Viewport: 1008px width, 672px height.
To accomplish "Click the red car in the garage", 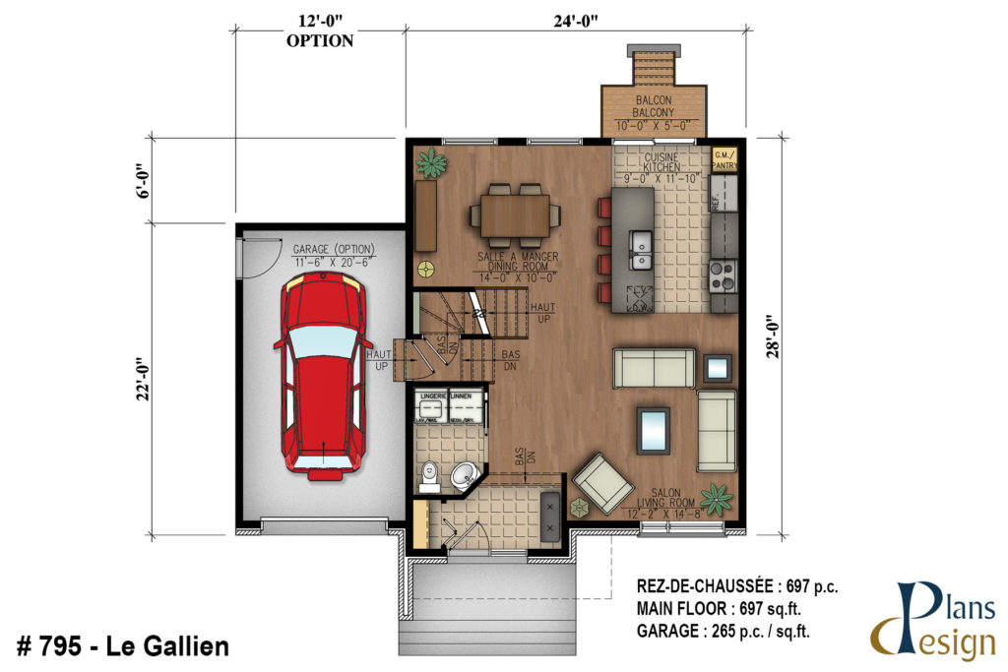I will [x=323, y=377].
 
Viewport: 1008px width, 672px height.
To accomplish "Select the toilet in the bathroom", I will [x=429, y=477].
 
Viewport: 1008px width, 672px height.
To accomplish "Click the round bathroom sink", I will [x=462, y=479].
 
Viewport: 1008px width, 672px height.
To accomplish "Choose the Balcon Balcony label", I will [x=654, y=107].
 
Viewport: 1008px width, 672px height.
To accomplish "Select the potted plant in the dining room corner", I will [x=430, y=162].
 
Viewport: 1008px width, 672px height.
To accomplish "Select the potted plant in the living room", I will [x=716, y=499].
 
